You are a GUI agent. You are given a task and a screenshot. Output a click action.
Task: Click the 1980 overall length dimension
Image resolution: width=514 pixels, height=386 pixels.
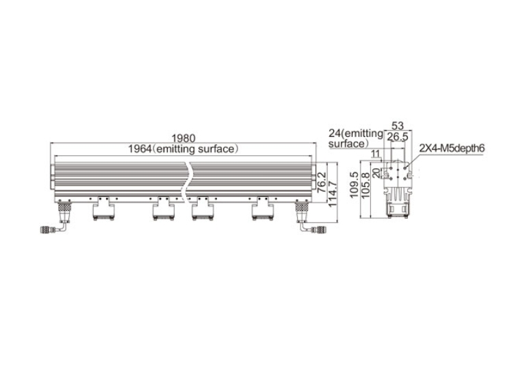(183, 138)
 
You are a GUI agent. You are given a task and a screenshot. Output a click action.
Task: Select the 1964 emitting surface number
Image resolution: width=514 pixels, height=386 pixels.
(140, 149)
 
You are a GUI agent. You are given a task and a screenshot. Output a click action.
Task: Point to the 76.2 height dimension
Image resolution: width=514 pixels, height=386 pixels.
(322, 181)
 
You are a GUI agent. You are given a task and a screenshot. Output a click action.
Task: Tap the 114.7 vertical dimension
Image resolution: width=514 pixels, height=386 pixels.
(333, 193)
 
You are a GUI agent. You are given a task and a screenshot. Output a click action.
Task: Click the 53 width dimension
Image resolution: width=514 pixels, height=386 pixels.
(398, 125)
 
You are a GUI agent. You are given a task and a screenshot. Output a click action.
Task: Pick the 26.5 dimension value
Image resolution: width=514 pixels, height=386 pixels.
(397, 137)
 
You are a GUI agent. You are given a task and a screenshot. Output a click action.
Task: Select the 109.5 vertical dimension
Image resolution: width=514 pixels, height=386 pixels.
(355, 185)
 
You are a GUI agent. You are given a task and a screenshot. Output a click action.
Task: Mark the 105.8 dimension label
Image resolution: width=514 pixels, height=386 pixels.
(365, 185)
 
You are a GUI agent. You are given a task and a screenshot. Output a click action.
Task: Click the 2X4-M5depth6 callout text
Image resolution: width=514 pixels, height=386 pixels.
(452, 149)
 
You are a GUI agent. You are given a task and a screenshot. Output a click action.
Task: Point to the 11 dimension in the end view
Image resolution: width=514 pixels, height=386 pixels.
(376, 153)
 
